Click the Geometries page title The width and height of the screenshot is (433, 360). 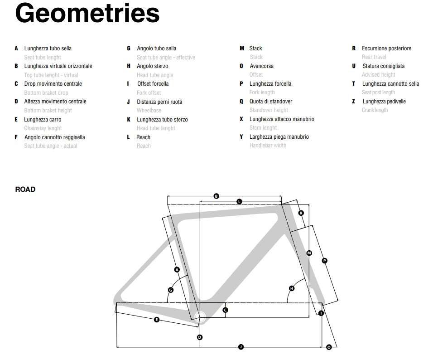[87, 14]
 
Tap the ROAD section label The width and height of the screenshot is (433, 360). [25, 190]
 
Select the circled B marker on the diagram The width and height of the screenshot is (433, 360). [216, 196]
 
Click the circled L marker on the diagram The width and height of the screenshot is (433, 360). [239, 201]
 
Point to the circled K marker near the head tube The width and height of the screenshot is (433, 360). [301, 213]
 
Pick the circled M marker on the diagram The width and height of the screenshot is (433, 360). [309, 253]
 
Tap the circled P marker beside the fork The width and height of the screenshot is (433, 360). [324, 260]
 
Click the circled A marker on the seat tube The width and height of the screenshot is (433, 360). [177, 270]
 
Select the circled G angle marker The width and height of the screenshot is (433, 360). [171, 290]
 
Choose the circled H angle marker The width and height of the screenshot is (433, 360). [292, 288]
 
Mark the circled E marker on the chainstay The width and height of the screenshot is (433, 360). [157, 320]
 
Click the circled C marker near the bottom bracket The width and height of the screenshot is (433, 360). [225, 310]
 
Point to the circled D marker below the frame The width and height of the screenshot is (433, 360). [200, 337]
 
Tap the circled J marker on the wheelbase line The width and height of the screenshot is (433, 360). [241, 347]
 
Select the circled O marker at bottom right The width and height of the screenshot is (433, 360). [329, 347]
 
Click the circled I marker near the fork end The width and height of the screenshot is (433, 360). [321, 313]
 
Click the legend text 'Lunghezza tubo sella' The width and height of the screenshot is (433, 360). [48, 49]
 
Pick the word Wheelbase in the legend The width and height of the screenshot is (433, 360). [149, 111]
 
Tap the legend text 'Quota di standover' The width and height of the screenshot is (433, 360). [271, 102]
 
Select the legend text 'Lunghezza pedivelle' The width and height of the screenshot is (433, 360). [384, 102]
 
